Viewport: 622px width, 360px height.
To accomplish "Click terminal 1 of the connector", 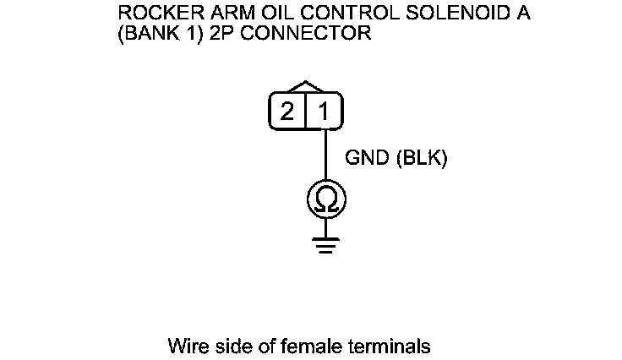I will click(324, 112).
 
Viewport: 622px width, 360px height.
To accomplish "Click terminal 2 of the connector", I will click(288, 112).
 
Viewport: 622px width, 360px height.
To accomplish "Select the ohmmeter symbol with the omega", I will click(325, 199).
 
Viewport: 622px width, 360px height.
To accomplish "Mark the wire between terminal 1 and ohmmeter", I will click(325, 156).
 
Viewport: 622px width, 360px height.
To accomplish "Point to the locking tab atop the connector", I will click(305, 86).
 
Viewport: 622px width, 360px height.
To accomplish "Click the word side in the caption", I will click(227, 346).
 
